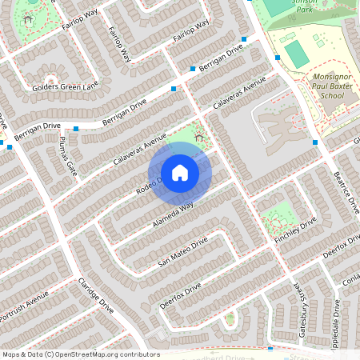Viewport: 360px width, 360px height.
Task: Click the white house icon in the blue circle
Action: (180, 173)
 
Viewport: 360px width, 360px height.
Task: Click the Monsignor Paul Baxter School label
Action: (319, 85)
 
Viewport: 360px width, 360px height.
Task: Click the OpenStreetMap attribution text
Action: (81, 354)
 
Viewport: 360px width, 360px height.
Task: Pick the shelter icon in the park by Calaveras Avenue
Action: (198, 138)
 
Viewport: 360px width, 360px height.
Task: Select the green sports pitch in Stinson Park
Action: (295, 54)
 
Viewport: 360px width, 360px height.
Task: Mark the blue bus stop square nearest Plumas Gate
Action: (76, 128)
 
